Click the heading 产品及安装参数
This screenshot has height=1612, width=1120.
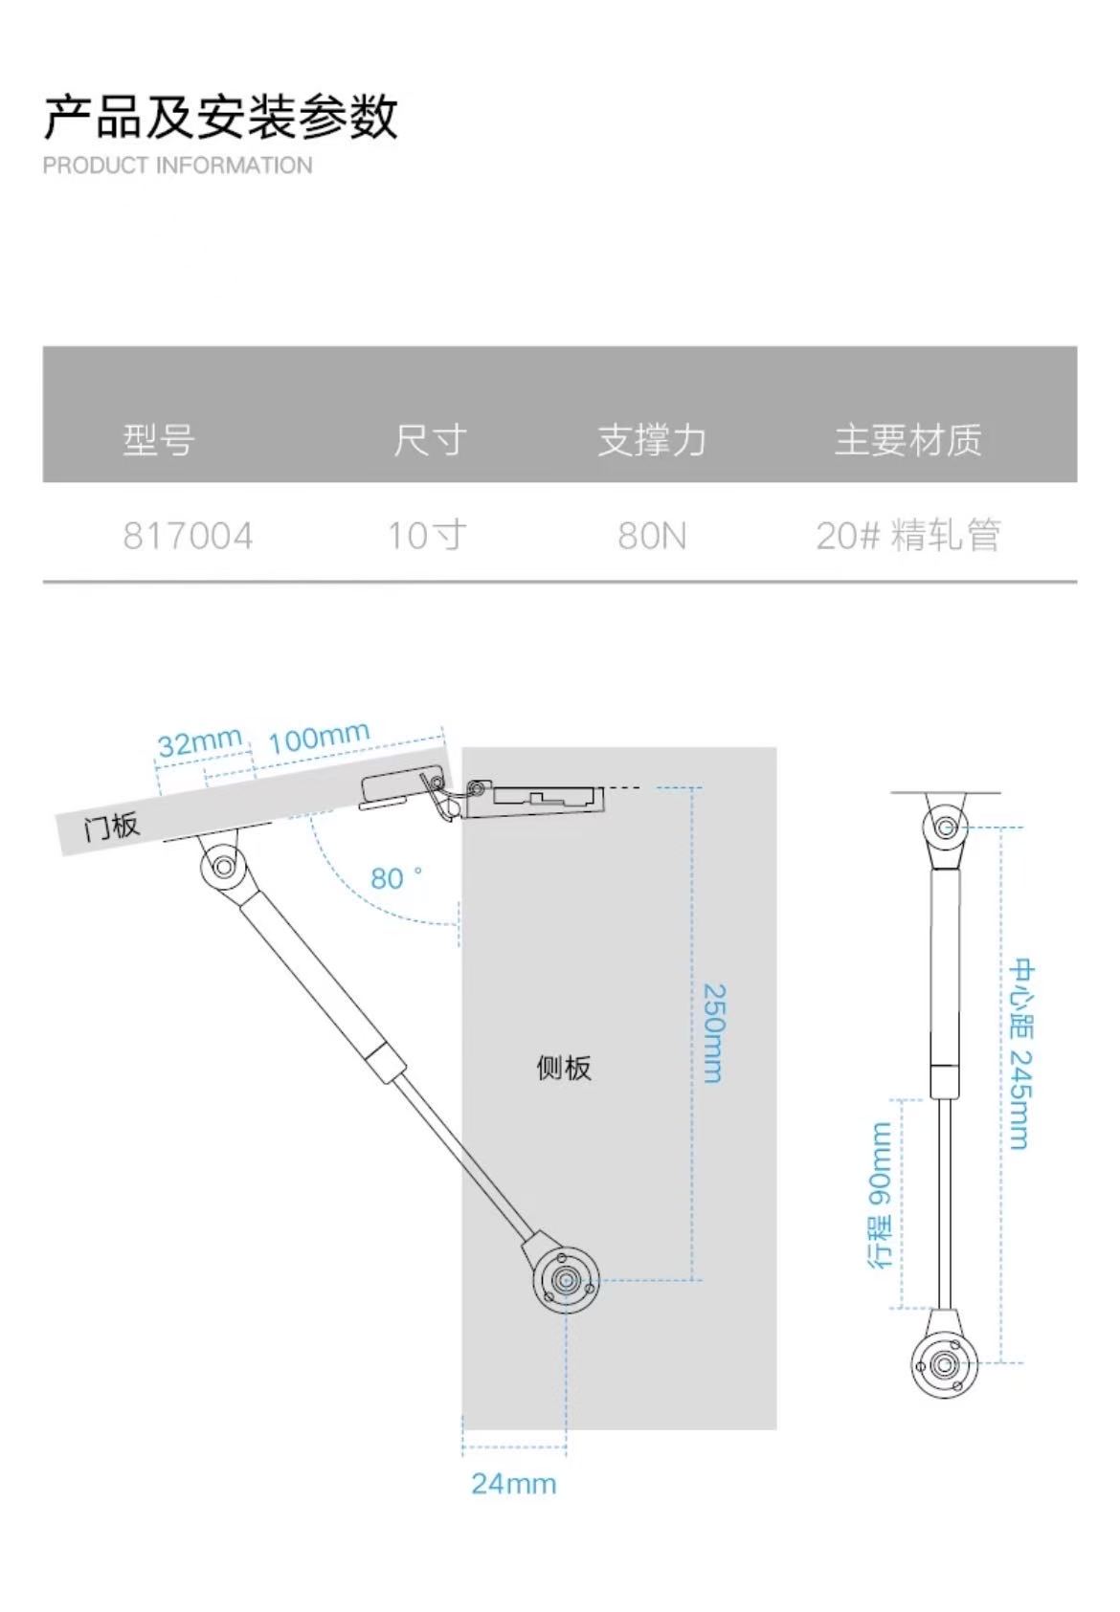[220, 117]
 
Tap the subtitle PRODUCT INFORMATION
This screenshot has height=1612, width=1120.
[177, 166]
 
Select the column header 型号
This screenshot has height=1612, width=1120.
[159, 440]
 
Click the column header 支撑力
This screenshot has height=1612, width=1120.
[652, 440]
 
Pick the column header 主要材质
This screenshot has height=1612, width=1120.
[908, 440]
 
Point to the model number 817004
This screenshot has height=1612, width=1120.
[188, 536]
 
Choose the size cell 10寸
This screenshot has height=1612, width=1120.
[427, 536]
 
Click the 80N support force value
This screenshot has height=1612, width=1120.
[652, 536]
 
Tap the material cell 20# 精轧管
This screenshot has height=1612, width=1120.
[908, 536]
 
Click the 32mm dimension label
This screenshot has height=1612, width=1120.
[200, 742]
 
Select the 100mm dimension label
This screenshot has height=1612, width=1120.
[319, 737]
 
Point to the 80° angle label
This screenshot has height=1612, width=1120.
[395, 878]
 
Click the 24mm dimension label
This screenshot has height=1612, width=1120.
[513, 1484]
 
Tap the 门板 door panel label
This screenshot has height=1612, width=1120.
[112, 827]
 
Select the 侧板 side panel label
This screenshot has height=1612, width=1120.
[564, 1068]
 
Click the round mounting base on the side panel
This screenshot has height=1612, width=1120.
[566, 1281]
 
